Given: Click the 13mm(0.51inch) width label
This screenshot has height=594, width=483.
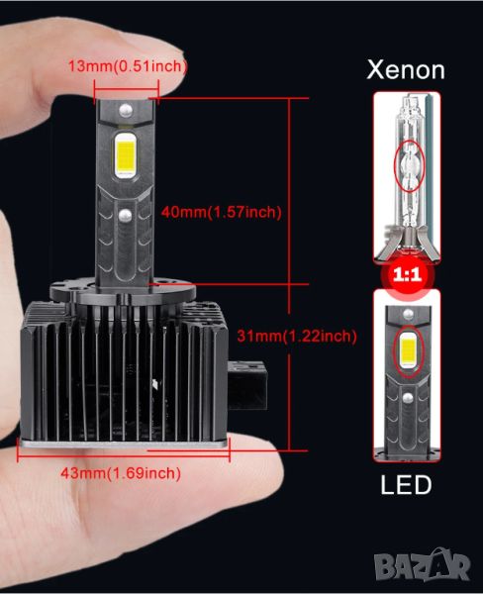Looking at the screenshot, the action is [128, 66].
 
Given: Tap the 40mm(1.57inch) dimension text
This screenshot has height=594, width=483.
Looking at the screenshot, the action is [222, 212].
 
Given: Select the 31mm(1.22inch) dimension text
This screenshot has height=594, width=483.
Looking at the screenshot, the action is [297, 336].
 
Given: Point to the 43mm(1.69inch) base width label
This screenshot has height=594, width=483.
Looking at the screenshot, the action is [121, 473].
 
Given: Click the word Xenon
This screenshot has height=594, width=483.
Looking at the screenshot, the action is [406, 69].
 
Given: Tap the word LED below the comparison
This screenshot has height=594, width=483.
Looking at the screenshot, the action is [406, 485].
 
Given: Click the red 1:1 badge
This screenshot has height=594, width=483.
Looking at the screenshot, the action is [407, 274].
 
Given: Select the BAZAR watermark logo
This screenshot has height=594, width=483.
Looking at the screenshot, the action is [423, 564].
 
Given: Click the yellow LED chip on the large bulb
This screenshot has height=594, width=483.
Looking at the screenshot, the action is [126, 155].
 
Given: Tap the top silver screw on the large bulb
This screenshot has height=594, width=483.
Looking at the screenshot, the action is [126, 110].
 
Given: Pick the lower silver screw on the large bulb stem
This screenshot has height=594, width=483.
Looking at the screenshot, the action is [125, 215].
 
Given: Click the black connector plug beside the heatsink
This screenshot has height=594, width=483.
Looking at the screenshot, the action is [247, 385].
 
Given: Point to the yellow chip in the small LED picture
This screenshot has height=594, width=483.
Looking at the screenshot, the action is [408, 351].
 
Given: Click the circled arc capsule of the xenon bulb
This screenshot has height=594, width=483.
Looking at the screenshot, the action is [409, 165].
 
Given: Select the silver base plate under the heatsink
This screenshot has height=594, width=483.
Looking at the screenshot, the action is [124, 444].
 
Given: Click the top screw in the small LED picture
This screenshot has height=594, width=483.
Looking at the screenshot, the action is [408, 313].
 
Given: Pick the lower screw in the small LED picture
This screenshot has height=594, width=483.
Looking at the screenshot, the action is [408, 397].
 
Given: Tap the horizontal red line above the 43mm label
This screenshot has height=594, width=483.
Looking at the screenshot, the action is [124, 454].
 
